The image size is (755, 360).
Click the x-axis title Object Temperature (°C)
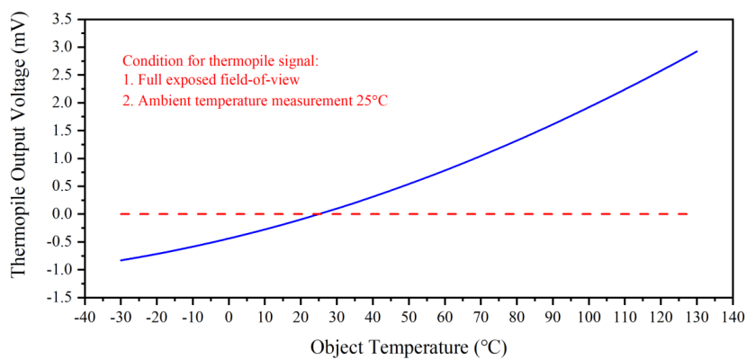[415, 346]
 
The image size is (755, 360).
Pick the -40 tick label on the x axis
[84, 318]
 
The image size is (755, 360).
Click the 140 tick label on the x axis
[733, 318]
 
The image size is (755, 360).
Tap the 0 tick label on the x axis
[229, 318]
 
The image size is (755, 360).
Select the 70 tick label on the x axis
[481, 318]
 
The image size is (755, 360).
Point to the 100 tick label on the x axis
[589, 318]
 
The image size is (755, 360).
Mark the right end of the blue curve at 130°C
[697, 51]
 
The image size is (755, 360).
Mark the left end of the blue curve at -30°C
[121, 260]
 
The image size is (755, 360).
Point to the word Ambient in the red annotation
[159, 101]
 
